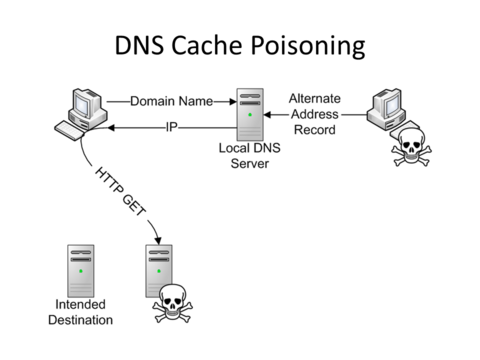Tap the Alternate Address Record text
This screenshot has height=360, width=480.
316,114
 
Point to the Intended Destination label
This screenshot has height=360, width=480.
82,313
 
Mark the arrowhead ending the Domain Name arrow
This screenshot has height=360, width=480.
230,102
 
